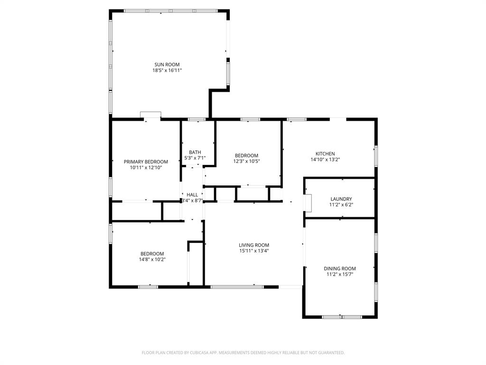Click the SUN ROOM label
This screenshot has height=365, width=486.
pos(167,65)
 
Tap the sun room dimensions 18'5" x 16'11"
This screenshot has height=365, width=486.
pos(167,70)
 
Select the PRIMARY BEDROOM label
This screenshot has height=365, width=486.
pos(146,162)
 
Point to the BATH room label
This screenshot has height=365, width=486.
pos(195,153)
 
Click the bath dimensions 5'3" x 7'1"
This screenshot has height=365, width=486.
pos(195,158)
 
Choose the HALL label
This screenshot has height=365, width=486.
pos(192,195)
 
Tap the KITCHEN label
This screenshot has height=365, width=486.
pos(325,154)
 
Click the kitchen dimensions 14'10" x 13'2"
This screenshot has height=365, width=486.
pos(325,160)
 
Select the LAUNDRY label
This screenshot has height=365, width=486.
pos(341,199)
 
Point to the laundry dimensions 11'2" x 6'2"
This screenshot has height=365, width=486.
pos(341,205)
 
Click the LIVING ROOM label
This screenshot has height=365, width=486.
pos(254,245)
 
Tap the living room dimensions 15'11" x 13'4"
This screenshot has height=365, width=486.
pos(254,251)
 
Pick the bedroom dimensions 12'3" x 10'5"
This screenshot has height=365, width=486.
pos(246,161)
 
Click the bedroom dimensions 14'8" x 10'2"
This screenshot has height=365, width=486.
pos(152,259)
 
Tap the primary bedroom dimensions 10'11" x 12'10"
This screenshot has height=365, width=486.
pos(146,167)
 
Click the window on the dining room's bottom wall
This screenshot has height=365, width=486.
pos(342,317)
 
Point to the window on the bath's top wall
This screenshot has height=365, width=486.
pos(196,119)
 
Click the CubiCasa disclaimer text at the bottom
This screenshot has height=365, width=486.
pos(243,353)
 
